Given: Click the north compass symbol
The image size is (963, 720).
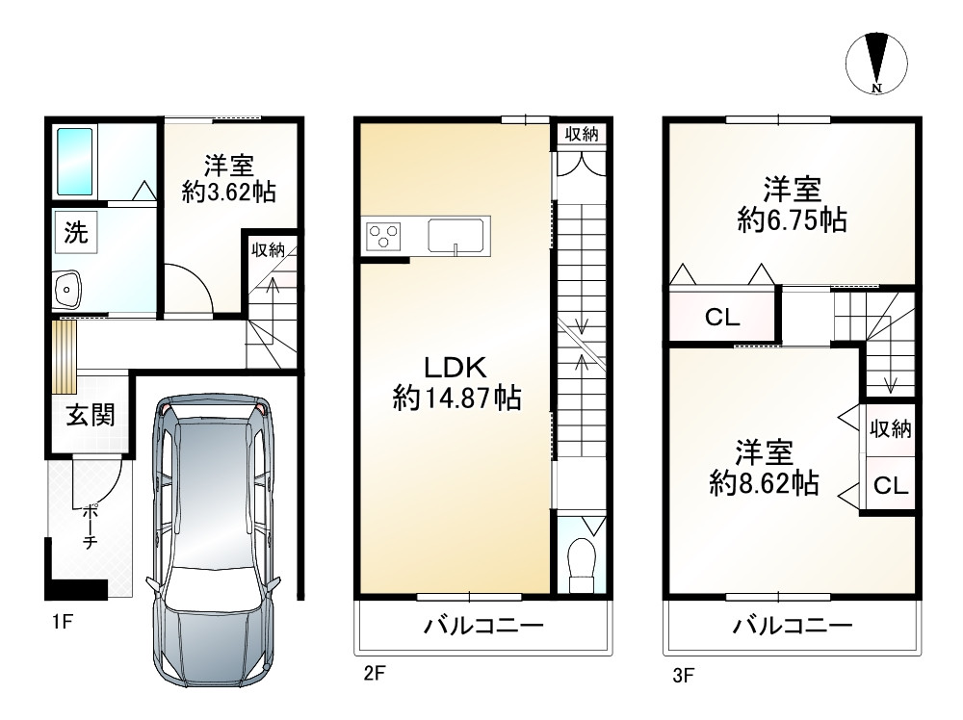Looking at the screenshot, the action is coord(876,63).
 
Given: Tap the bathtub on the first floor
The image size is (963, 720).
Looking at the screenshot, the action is coord(75,161).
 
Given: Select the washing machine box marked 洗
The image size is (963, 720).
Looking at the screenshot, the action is coord(76,232).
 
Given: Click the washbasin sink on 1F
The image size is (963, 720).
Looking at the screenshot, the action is coord(67,289).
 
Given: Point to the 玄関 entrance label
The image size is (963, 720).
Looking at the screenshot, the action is coord(91,416).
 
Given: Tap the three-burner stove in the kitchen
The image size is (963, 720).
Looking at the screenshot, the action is coord(384,236).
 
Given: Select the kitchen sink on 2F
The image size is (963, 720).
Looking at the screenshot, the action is coord(455,236).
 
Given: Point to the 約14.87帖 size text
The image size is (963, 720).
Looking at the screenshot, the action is coord(456,399).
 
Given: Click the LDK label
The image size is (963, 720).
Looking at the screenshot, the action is coord(455,368).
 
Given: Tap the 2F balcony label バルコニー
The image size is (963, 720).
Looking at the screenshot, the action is coord(484,626).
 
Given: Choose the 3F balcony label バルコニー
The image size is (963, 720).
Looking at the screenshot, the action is coord(793,626).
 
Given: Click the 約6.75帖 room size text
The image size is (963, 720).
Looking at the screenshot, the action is coord(793,219).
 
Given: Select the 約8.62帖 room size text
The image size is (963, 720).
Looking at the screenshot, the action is coord(764,483).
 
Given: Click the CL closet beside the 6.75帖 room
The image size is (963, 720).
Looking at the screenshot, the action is coord(723,318).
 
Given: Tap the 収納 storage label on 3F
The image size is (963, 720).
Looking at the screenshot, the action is coord(891,429).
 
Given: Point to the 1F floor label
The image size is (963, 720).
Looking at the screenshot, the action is coord(63,622).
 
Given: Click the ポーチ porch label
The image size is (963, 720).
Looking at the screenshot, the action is coord(90,525).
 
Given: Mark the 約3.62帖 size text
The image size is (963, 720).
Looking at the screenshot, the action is coord(228,193).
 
